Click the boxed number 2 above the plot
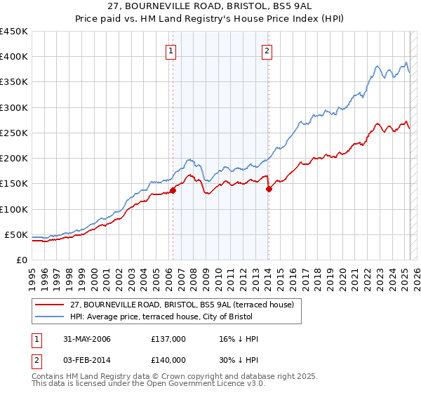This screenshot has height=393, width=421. point(267,50)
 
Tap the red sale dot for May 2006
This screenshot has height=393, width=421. point(173,190)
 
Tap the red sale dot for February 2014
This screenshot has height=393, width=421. point(268,189)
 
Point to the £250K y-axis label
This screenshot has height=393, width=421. point(14,133)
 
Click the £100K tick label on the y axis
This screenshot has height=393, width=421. point(14,209)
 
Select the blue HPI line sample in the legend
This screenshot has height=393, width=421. point(50,317)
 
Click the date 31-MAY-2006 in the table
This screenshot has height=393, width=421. point(83,339)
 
